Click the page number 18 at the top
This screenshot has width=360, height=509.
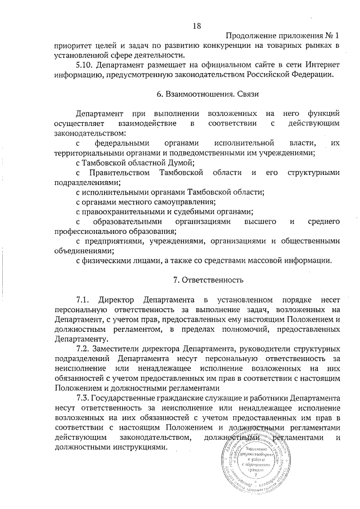click(x=196, y=25)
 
